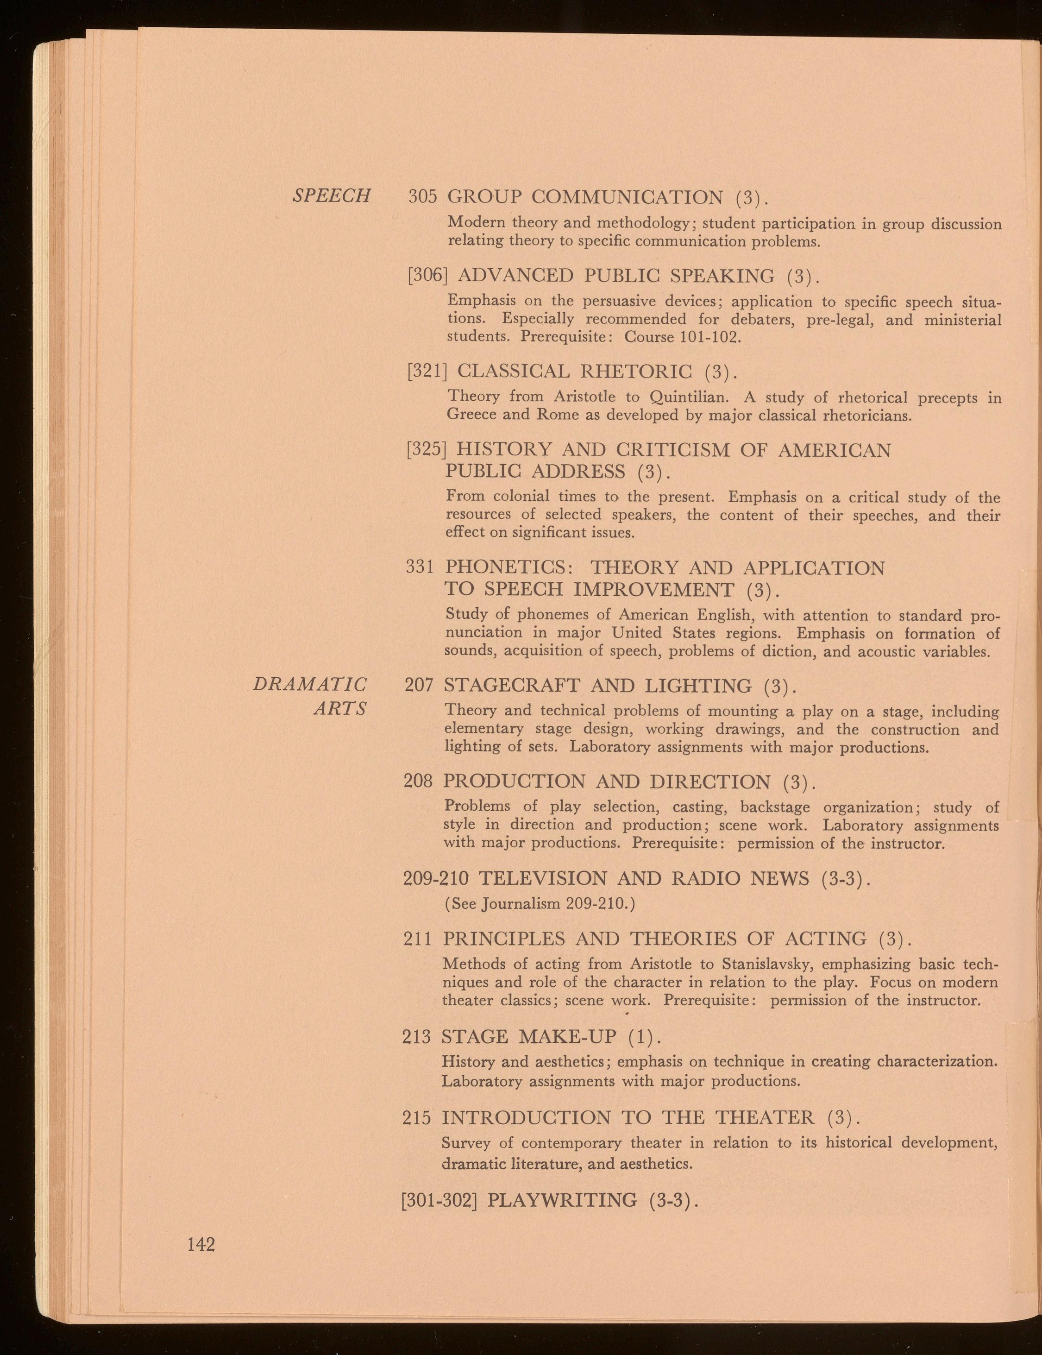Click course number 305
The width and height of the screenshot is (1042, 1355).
click(x=423, y=197)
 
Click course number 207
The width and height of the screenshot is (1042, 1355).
click(x=419, y=686)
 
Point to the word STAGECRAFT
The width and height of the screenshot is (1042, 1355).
click(x=512, y=686)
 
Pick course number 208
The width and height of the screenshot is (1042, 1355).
click(x=418, y=781)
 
